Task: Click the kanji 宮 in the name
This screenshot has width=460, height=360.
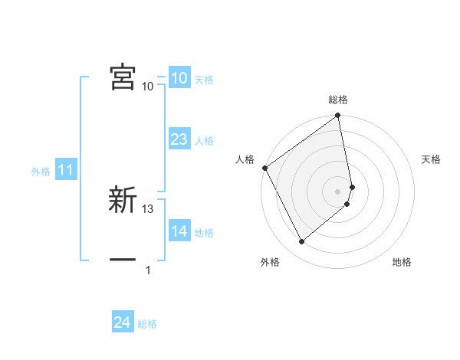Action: tap(123, 77)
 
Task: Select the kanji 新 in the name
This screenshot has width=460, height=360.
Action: tap(123, 200)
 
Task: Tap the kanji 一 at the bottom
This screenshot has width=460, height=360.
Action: tap(123, 260)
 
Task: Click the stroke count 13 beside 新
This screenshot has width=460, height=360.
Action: tap(149, 208)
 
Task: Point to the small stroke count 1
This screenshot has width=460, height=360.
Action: tap(148, 270)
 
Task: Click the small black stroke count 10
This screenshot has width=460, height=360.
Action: tap(147, 86)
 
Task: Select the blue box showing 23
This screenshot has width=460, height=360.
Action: tap(179, 139)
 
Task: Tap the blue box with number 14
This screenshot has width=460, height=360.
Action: tap(179, 231)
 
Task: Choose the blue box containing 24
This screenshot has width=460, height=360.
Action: tap(122, 322)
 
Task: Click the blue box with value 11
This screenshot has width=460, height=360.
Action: tap(65, 170)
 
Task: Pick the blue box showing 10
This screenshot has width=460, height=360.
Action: tap(179, 78)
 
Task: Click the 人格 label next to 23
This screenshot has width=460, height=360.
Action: tap(204, 141)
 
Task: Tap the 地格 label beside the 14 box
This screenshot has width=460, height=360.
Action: tap(204, 233)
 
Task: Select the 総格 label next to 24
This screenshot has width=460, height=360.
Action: tap(147, 324)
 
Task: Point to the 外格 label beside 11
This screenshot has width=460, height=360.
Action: tap(41, 172)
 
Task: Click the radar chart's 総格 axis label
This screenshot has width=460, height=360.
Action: tap(338, 100)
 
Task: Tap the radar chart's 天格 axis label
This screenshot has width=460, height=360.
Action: tap(432, 159)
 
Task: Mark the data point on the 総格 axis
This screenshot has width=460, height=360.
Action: tap(338, 116)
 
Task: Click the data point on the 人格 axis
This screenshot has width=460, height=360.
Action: tap(264, 168)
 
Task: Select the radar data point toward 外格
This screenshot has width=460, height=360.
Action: tap(301, 242)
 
